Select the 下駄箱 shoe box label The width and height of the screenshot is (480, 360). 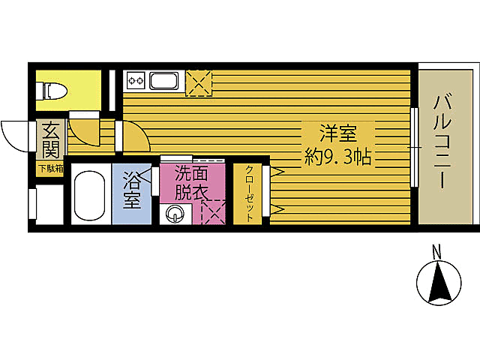pyautogui.click(x=50, y=169)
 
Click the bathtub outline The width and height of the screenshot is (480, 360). pyautogui.click(x=91, y=198)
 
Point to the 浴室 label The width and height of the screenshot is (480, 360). pyautogui.click(x=132, y=190)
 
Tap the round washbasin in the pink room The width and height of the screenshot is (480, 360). pyautogui.click(x=175, y=215)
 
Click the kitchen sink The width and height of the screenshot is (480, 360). pyautogui.click(x=163, y=81)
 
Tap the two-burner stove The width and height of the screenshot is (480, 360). pyautogui.click(x=136, y=80)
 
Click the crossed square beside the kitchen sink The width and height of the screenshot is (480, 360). pyautogui.click(x=199, y=82)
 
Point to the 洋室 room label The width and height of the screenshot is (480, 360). pyautogui.click(x=337, y=136)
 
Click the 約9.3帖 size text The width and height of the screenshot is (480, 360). pyautogui.click(x=339, y=158)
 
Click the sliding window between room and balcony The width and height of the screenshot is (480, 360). pyautogui.click(x=415, y=146)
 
